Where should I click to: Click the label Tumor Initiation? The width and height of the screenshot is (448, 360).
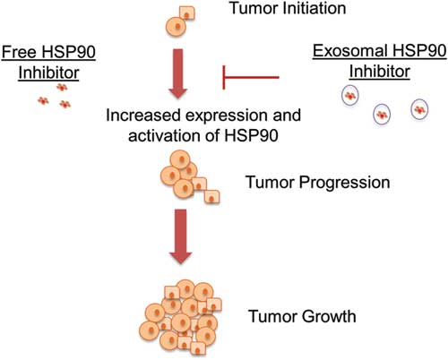pos(288,8)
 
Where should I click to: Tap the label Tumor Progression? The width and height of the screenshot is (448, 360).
pos(317,182)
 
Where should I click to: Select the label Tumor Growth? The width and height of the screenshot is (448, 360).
pos(302,316)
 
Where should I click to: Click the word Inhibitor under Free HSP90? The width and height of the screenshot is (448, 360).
pos(48,73)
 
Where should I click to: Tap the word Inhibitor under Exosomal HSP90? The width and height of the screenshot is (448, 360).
pos(380,71)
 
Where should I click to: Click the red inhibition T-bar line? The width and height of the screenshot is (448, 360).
pos(251,78)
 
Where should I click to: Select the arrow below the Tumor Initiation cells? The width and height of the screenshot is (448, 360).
pos(178,73)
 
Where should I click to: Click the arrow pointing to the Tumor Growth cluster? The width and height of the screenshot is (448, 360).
pos(181,236)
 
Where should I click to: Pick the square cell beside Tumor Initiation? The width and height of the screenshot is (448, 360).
pos(187,13)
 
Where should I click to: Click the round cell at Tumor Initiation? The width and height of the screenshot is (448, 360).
pos(177,27)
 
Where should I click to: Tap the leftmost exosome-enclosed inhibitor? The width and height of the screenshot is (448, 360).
pos(350,96)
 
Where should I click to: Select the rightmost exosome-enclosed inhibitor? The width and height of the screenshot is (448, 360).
pos(419,109)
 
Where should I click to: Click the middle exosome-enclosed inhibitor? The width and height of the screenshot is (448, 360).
pos(382,115)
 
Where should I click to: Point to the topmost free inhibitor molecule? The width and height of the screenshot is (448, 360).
pos(62,88)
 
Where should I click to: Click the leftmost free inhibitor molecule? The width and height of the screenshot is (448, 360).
pos(43,101)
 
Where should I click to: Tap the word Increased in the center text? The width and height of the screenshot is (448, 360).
pos(143,116)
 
